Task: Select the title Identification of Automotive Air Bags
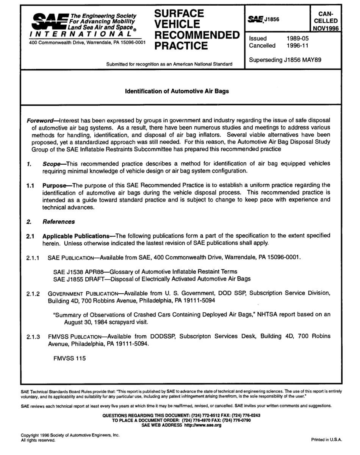pyautogui.click(x=177, y=91)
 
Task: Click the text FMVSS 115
pyautogui.click(x=69, y=359)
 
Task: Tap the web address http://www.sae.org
pyautogui.click(x=202, y=425)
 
